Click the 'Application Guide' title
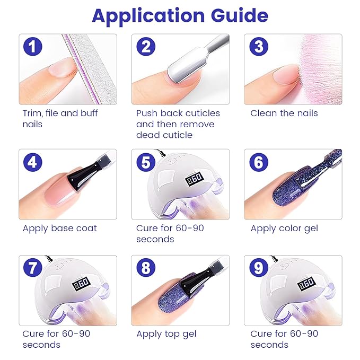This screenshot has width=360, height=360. tap(180, 15)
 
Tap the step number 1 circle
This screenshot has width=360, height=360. tap(33, 47)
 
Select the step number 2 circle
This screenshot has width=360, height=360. tap(146, 47)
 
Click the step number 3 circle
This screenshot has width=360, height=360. tap(258, 47)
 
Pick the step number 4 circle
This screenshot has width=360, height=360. tap(33, 162)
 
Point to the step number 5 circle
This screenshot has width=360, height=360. tap(146, 162)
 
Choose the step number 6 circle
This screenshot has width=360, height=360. tap(258, 162)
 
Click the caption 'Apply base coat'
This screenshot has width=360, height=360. tap(59, 229)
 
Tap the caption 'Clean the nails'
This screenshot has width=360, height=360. tap(284, 113)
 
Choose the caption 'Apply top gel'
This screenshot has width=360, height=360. tap(166, 334)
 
